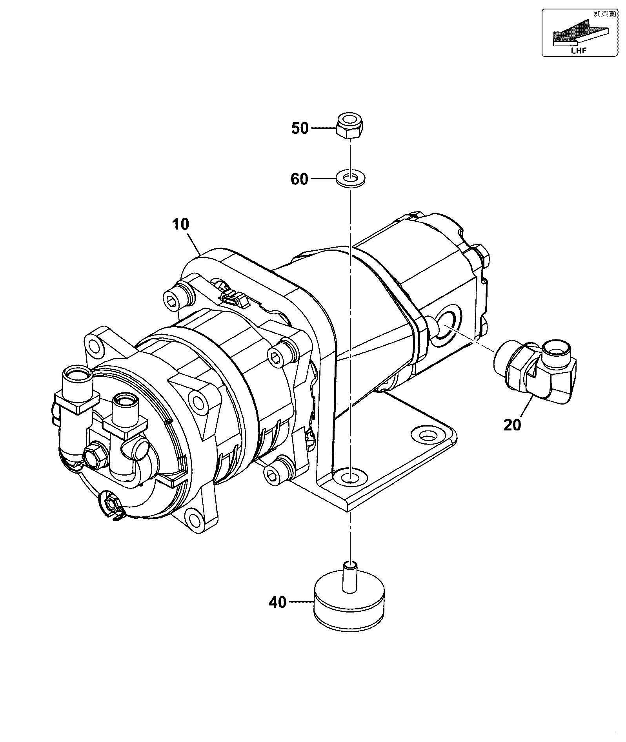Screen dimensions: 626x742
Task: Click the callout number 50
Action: [300, 128]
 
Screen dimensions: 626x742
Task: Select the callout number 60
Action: [299, 179]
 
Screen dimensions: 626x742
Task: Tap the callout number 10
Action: [180, 224]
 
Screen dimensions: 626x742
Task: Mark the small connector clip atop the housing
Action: [231, 298]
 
